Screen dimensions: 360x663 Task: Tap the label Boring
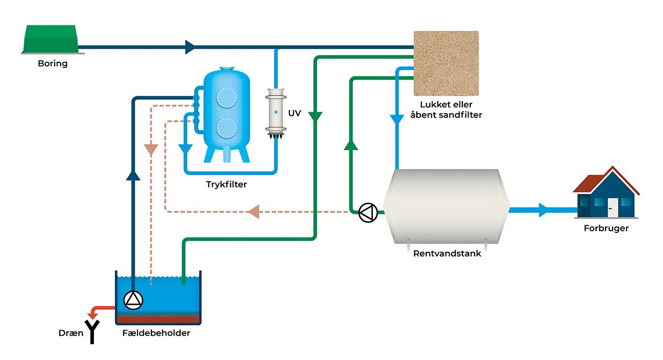click(x=52, y=63)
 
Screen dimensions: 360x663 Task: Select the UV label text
click(x=294, y=113)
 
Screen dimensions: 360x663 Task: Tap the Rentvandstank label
click(x=447, y=254)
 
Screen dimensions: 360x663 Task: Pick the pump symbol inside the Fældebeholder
click(x=133, y=299)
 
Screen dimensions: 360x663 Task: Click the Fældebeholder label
click(x=157, y=333)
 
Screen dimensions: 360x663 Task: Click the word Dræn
click(x=71, y=333)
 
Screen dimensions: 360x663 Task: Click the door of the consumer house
click(x=612, y=208)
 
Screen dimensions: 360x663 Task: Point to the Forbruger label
click(x=606, y=228)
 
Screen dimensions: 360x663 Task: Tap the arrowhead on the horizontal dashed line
click(x=253, y=211)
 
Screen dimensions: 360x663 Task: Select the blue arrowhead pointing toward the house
click(x=544, y=210)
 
